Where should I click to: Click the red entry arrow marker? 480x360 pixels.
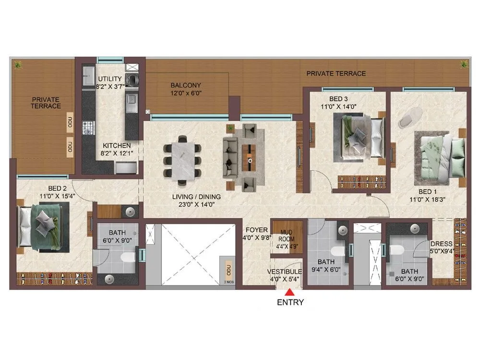click(290, 291)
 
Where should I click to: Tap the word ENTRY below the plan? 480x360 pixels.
click(290, 303)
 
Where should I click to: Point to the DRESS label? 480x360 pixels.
click(442, 243)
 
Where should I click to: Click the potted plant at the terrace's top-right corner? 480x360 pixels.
click(464, 64)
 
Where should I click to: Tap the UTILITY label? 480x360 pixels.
click(110, 79)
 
